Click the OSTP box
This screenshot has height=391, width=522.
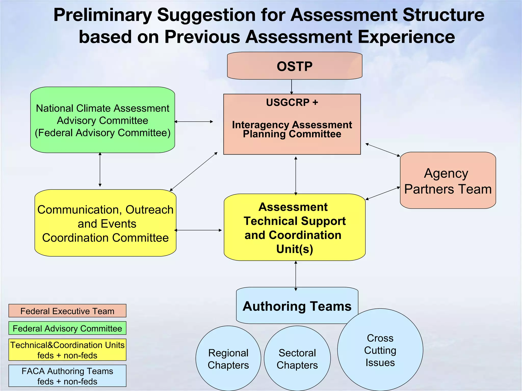pyautogui.click(x=295, y=66)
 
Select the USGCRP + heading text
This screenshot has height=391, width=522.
pyautogui.click(x=292, y=102)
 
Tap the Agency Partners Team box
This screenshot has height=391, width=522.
pyautogui.click(x=448, y=180)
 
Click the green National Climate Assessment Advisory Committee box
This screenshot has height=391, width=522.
pyautogui.click(x=102, y=120)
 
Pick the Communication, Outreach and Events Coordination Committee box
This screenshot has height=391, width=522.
pyautogui.click(x=105, y=223)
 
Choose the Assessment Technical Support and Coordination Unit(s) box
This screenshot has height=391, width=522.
pyautogui.click(x=294, y=227)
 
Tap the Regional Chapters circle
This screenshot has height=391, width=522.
pyautogui.click(x=228, y=359)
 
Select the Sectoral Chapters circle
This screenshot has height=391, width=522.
pyautogui.click(x=297, y=359)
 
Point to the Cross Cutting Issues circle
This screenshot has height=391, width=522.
pyautogui.click(x=380, y=350)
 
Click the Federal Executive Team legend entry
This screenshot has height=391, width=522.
pyautogui.click(x=67, y=311)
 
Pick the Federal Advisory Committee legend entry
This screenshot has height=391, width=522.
pyautogui.click(x=67, y=328)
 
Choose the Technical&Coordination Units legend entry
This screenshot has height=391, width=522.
pyautogui.click(x=67, y=350)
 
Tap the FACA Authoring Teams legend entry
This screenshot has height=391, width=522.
pyautogui.click(x=67, y=376)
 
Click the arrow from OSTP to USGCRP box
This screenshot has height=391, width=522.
pyautogui.click(x=292, y=87)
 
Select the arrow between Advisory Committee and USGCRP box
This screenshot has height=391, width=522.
pyautogui.click(x=194, y=122)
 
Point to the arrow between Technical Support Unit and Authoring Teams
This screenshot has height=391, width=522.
pyautogui.click(x=296, y=276)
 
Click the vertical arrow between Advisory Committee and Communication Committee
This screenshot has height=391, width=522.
pyautogui.click(x=100, y=170)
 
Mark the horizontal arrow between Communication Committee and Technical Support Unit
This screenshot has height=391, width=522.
pyautogui.click(x=198, y=230)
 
